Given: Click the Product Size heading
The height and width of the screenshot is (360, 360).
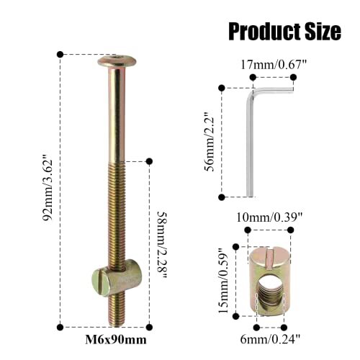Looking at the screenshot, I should pyautogui.click(x=284, y=30).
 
